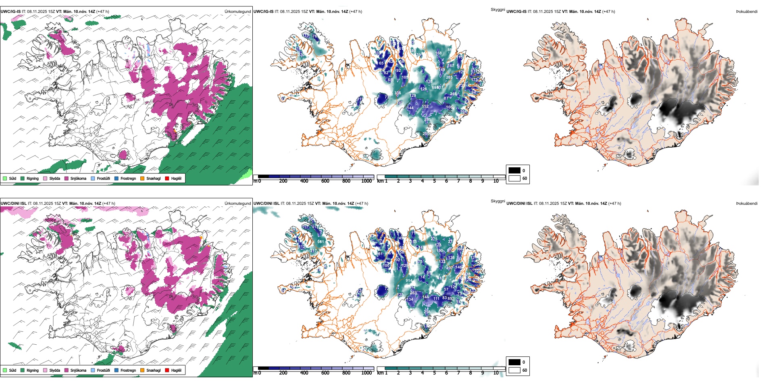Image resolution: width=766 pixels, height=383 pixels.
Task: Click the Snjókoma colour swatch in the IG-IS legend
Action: tap(67, 178)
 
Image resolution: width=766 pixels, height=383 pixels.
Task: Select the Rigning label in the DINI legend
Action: tap(33, 370)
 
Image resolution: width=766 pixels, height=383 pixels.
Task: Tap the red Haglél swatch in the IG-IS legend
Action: tap(167, 178)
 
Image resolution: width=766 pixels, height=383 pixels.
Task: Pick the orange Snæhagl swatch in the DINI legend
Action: tap(142, 370)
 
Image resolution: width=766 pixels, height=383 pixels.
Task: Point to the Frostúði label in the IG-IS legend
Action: tap(103, 178)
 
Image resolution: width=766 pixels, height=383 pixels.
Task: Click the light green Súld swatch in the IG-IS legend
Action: tap(5, 178)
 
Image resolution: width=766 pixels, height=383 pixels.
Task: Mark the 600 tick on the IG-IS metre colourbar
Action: tap(325, 181)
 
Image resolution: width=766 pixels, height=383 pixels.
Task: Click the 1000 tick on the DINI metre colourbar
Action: tap(366, 373)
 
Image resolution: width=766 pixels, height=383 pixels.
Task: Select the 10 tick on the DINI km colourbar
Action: tap(496, 373)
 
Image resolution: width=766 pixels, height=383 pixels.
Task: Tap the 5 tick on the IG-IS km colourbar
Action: tap(435, 181)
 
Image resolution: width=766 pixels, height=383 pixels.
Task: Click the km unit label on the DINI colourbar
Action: tap(380, 373)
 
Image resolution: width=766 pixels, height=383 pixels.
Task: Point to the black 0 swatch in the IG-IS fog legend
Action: tap(514, 170)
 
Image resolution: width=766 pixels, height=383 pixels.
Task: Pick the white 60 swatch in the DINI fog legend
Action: tap(514, 370)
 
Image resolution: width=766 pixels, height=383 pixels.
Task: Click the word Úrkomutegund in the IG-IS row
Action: tap(237, 11)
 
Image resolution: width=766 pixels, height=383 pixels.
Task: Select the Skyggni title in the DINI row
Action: tap(497, 201)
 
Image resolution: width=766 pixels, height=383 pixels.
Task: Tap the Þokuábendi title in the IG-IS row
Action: tap(747, 11)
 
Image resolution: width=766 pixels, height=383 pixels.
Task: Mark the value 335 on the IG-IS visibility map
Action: tap(398, 93)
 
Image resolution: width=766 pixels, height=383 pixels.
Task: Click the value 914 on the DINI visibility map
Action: tap(409, 281)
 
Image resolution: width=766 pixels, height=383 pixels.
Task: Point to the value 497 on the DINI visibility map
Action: tap(449, 268)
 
